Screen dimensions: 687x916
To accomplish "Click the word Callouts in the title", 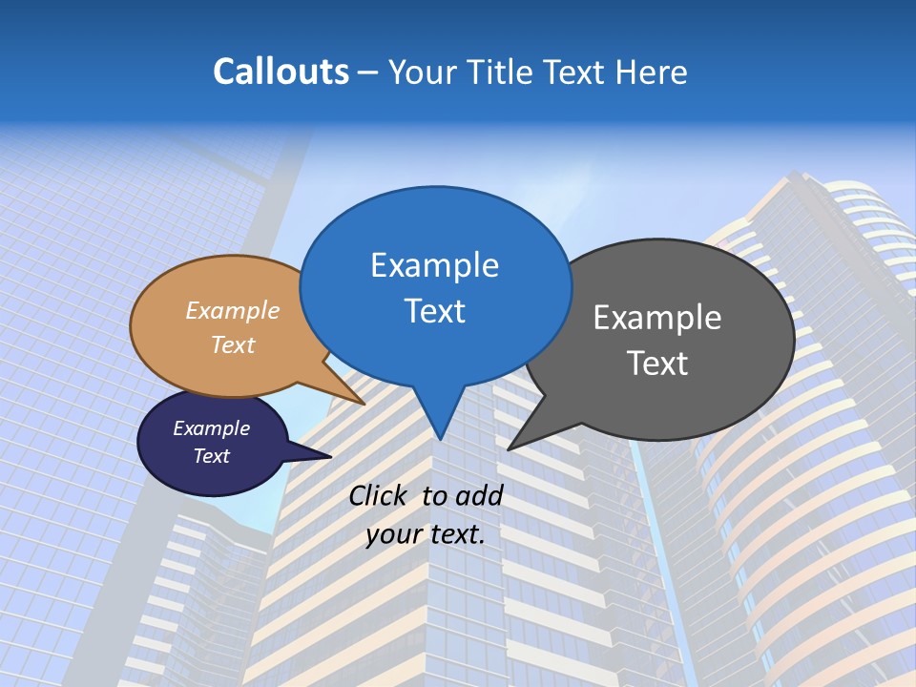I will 281,72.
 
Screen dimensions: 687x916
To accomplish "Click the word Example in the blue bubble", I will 434,265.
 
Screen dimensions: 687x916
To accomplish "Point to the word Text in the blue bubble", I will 434,311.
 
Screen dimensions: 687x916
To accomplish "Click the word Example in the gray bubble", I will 656,318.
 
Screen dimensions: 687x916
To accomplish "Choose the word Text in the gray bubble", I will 656,364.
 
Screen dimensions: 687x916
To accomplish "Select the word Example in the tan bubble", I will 233,311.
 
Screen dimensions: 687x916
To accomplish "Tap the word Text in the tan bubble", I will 233,344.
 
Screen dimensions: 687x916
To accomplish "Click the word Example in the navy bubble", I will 211,428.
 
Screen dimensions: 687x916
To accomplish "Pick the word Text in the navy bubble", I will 211,456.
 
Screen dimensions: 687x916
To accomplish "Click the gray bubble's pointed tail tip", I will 510,448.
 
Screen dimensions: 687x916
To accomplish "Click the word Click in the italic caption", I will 378,495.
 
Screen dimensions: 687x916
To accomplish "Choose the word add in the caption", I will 478,495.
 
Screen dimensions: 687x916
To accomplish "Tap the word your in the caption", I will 393,534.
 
